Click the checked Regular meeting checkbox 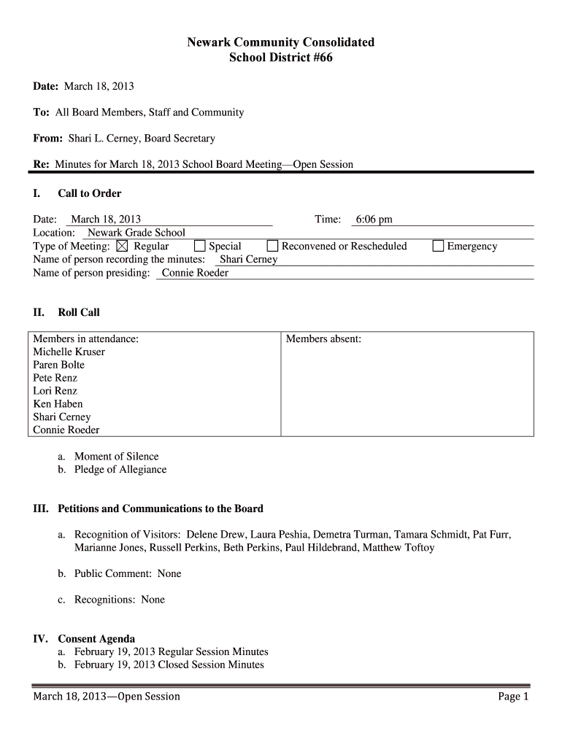[122, 247]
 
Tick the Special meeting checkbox [199, 247]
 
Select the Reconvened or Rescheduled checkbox [272, 247]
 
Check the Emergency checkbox [438, 247]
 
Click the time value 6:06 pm [374, 220]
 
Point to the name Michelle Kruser [69, 352]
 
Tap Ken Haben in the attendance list [58, 403]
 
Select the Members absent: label [323, 338]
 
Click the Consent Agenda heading [96, 639]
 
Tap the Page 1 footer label [513, 697]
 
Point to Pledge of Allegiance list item [120, 470]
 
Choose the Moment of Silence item [116, 457]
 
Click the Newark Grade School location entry [136, 233]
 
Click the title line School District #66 [281, 58]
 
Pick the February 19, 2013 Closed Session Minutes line [169, 665]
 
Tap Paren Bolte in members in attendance [58, 365]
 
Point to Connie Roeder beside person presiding [195, 273]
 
